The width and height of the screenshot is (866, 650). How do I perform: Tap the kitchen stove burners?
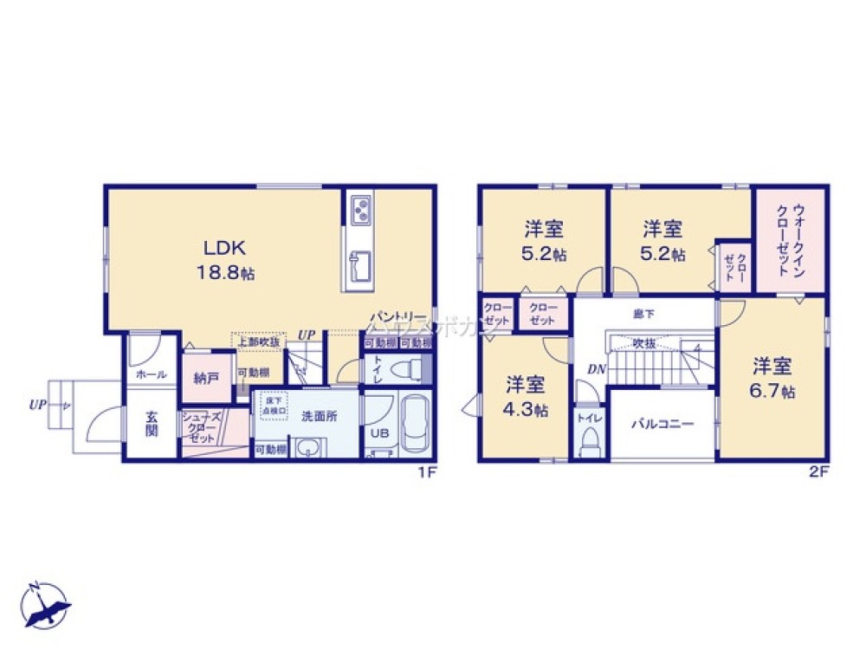click(x=360, y=209)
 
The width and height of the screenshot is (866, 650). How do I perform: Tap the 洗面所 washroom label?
click(x=318, y=415)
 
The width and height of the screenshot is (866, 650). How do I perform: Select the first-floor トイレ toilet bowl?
click(x=405, y=370)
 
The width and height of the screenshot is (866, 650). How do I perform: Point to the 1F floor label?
click(x=426, y=473)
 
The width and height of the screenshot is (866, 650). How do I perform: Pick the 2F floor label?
click(x=819, y=473)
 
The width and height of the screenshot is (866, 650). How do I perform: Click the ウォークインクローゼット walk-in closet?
click(x=789, y=239)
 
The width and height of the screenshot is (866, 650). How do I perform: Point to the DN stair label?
click(x=596, y=370)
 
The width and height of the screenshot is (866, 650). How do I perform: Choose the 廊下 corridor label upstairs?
click(x=644, y=313)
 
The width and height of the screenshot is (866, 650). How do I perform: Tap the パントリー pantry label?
click(x=398, y=317)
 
